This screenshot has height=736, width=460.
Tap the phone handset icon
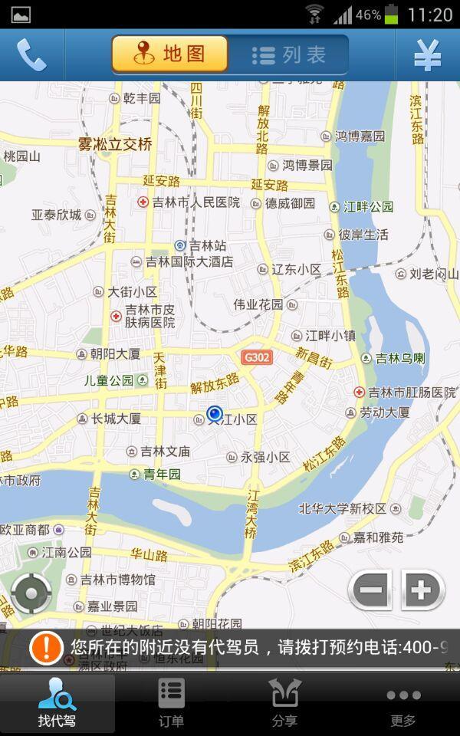pos(31,55)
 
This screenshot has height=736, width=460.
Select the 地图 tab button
pos(170,54)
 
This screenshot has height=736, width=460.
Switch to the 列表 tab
pos(289,55)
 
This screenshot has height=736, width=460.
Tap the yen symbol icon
pos(427,55)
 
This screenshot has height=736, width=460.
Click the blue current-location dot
pos(215,413)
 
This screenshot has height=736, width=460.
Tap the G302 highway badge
pos(256,357)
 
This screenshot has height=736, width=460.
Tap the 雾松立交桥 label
pos(115,143)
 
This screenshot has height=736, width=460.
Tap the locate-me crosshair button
pos(31,593)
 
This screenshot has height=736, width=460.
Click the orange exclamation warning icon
pos(46,648)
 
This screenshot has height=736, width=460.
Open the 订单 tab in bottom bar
pos(172,703)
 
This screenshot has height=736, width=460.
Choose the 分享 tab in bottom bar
pos(284,703)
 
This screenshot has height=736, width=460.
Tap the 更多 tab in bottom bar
pos(402,703)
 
